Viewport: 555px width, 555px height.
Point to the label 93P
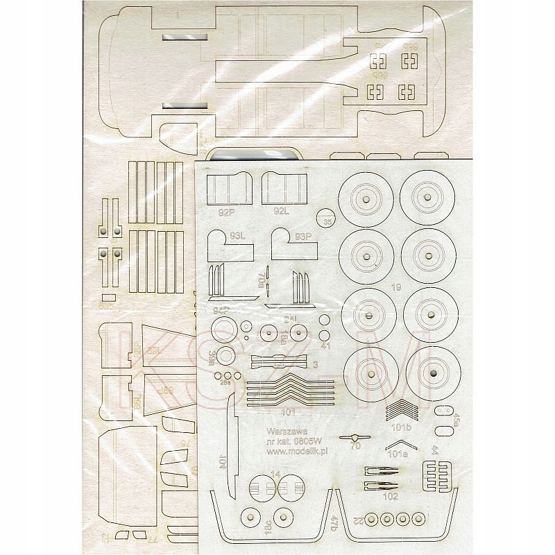[x=304, y=237]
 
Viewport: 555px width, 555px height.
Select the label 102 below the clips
[x=390, y=496]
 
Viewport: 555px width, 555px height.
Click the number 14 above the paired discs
[x=276, y=474]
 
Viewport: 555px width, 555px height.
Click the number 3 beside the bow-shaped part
[x=315, y=364]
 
